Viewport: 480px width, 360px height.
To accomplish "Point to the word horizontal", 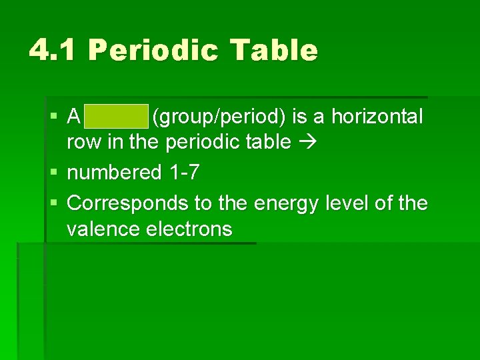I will [377, 117].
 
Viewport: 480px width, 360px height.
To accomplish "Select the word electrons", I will [189, 230].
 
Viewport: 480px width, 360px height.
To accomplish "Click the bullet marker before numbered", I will [53, 173].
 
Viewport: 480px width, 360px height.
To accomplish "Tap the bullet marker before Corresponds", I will [53, 201].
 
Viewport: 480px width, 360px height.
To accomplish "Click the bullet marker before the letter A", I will [53, 117].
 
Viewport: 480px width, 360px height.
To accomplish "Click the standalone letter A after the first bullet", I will [74, 117].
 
